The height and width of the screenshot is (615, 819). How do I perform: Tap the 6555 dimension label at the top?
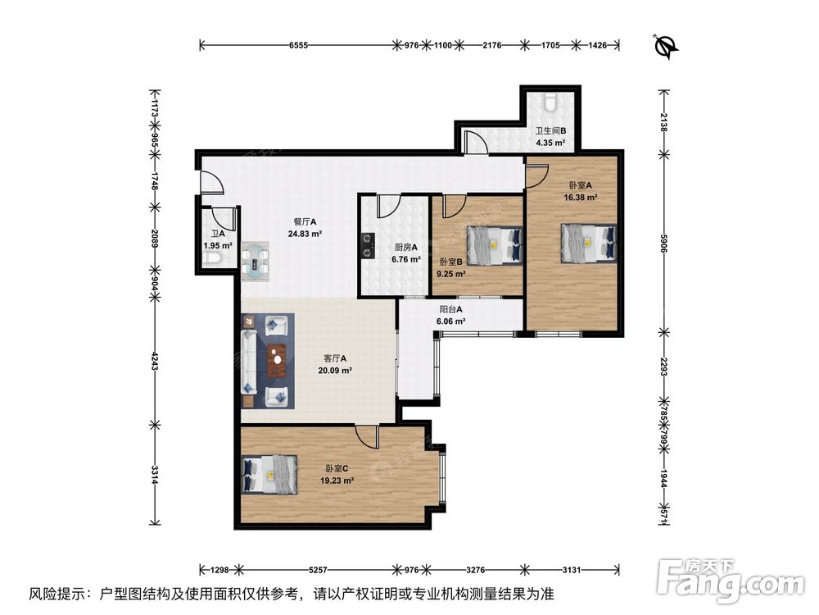coord(298,45)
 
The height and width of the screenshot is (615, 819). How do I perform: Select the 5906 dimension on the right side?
coord(663,244)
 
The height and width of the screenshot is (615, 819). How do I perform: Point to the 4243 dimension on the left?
coord(154,361)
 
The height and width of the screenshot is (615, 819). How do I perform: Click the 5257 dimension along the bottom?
coord(318,570)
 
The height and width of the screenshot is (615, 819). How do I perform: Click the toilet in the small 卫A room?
coord(212,258)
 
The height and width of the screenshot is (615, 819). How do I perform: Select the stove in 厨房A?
coord(368,246)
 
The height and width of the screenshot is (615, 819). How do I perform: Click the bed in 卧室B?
coord(495,245)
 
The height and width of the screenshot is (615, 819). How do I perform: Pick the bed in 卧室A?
coord(589,244)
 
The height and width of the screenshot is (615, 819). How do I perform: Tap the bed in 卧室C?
coord(269,474)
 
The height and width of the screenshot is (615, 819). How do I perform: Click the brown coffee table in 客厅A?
coord(277,361)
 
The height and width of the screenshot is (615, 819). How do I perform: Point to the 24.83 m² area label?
coord(305,234)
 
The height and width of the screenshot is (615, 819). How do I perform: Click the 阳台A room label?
coord(450,310)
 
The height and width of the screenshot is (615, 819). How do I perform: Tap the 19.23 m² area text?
coord(337,481)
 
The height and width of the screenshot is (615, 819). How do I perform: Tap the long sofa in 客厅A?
coord(249,361)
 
